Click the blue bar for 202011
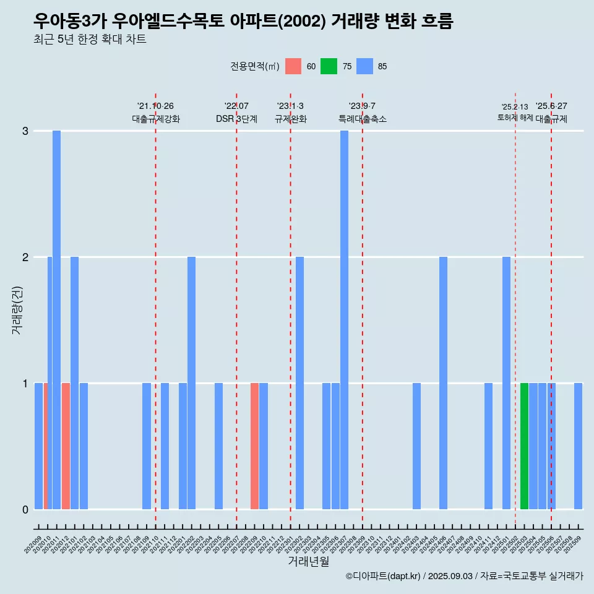56,320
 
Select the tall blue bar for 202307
344,320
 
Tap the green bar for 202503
524,446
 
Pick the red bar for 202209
254,446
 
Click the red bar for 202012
66,446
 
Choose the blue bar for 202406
443,383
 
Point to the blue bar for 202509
578,446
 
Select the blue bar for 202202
191,383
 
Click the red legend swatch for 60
293,67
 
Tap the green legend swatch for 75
329,67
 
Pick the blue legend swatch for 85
365,67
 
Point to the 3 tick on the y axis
25,131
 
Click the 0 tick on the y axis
25,510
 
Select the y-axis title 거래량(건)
17,310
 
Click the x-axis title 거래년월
308,562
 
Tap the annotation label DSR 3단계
236,119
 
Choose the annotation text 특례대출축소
362,119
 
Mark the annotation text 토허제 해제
515,118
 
